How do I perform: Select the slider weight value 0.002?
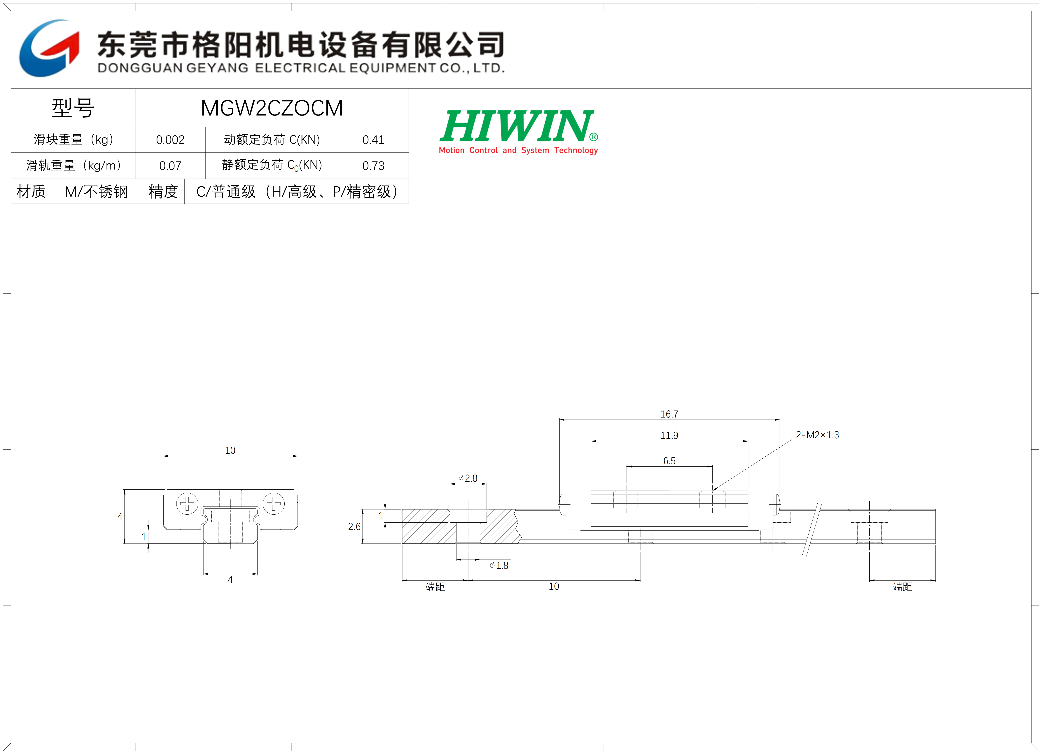170,140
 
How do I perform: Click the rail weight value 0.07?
170,166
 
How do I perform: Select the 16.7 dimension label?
669,414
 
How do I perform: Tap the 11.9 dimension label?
669,435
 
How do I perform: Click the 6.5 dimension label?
669,461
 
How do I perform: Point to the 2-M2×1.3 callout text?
817,435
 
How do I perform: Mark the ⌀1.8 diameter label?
499,565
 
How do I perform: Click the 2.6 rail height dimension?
354,526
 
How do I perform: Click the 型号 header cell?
73,108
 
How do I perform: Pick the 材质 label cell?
31,191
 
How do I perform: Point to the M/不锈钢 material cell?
96,191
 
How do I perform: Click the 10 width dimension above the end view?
230,450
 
